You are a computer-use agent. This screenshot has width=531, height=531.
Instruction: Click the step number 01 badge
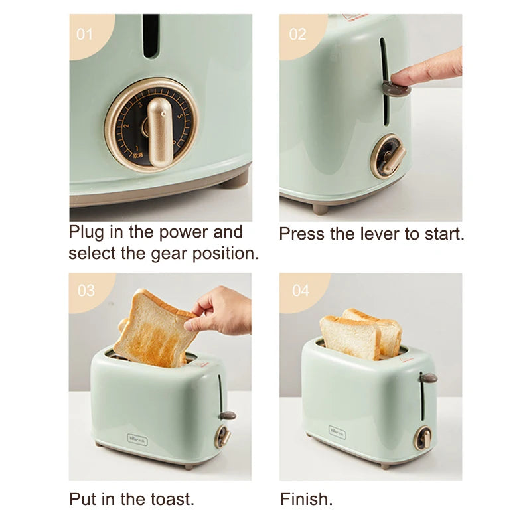point(84,33)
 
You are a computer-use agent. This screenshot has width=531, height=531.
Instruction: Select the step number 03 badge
point(86,291)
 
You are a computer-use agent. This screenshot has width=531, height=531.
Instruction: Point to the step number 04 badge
point(300,291)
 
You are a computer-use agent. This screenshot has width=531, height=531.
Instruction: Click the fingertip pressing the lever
point(402,78)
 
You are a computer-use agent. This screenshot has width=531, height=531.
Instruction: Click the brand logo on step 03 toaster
point(138,439)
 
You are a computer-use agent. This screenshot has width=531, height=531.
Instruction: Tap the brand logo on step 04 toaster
point(338,432)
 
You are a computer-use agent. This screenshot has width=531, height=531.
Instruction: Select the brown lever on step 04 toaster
point(428,378)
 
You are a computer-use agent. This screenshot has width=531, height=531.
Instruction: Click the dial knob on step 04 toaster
point(423,437)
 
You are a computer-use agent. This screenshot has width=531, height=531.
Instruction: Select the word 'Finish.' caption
point(307,498)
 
